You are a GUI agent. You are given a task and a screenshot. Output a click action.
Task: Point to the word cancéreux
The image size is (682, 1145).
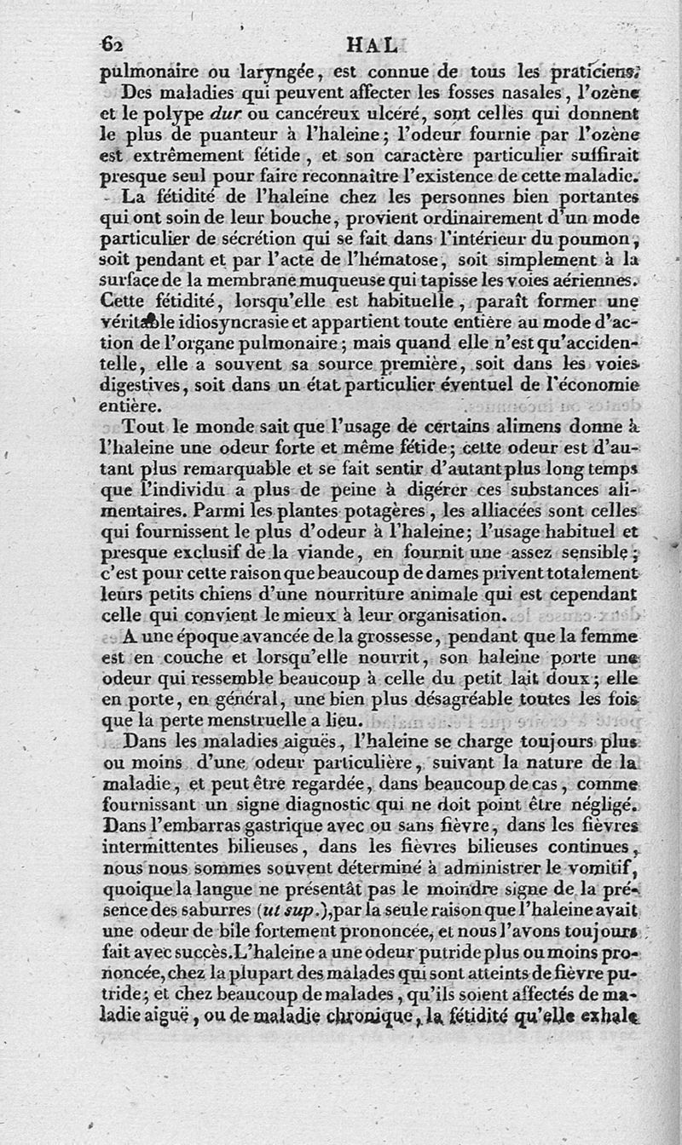coord(301,114)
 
